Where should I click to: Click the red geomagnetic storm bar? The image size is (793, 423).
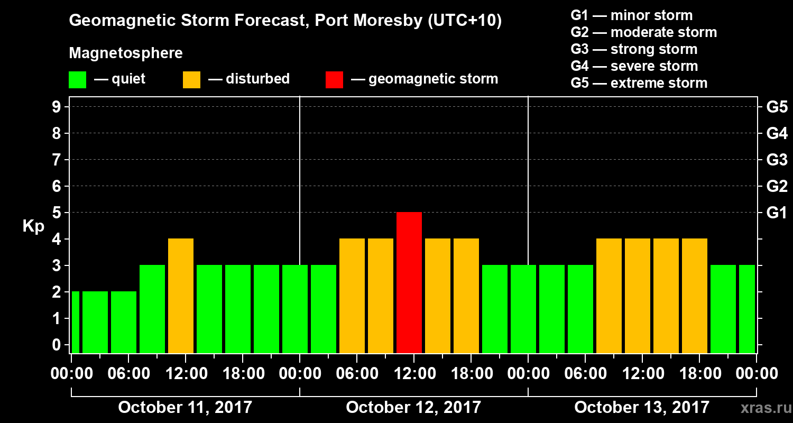tap(409, 282)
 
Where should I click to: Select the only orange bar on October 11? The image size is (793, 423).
tap(181, 296)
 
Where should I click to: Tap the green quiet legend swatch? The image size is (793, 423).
tap(77, 79)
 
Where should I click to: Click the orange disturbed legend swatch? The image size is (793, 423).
tap(191, 79)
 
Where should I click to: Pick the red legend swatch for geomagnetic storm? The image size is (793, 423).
tap(334, 79)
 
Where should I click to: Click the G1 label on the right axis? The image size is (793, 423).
tap(777, 213)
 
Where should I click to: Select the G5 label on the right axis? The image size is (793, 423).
tap(777, 107)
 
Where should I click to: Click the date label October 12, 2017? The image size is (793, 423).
tap(413, 407)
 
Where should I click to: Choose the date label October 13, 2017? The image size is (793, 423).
tap(642, 407)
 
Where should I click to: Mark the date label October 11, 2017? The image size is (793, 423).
tap(185, 407)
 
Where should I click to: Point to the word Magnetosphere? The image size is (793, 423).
tap(126, 53)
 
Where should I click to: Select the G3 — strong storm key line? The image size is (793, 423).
tap(634, 49)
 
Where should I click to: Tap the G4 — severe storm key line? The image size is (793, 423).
tap(634, 66)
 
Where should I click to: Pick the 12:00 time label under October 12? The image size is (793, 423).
tap(414, 374)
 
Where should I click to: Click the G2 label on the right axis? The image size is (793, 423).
tap(777, 186)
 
